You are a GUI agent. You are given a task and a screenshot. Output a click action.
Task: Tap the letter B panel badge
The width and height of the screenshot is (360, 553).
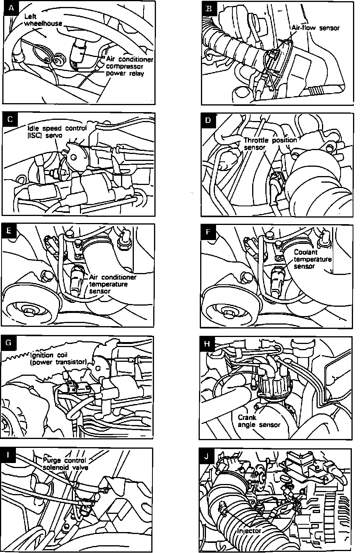pyautogui.click(x=209, y=8)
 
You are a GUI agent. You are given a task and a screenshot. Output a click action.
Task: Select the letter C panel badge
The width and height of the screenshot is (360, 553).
pyautogui.click(x=10, y=119)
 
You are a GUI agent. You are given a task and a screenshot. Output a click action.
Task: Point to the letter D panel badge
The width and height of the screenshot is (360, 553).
pyautogui.click(x=208, y=120)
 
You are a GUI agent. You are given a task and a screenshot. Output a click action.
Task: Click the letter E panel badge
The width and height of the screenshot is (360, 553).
pyautogui.click(x=9, y=230)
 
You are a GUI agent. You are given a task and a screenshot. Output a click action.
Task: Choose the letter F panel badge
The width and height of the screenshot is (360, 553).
pyautogui.click(x=208, y=232)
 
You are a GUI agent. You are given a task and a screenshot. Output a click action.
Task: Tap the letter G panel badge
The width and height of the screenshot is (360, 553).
pyautogui.click(x=9, y=342)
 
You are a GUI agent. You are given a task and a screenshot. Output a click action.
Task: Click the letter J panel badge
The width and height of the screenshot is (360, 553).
pyautogui.click(x=207, y=456)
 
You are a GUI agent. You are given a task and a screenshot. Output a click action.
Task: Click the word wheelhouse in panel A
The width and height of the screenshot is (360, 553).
pyautogui.click(x=43, y=23)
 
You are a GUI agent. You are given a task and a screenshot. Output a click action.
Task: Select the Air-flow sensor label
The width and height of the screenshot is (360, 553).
pyautogui.click(x=315, y=28)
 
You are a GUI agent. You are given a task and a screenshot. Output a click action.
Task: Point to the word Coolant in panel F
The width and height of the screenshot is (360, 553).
pyautogui.click(x=306, y=252)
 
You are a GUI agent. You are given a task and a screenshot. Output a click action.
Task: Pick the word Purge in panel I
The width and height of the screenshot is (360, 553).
pyautogui.click(x=51, y=460)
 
